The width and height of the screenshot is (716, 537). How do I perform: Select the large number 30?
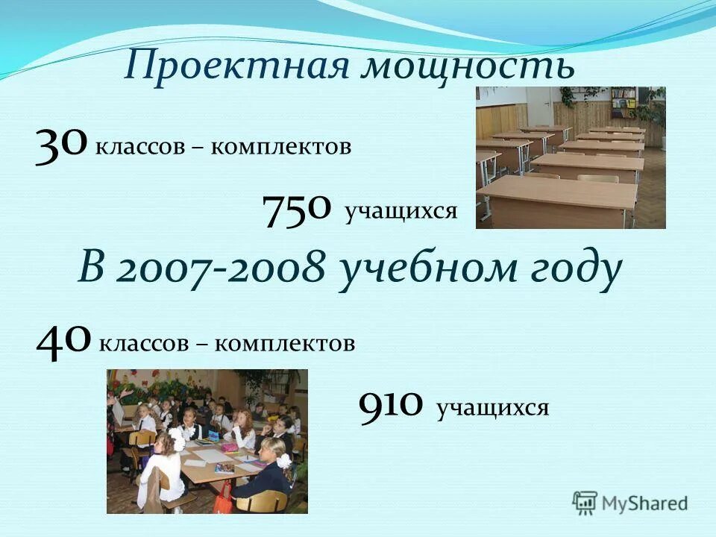(61, 142)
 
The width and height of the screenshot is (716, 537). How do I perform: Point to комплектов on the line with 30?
(280, 147)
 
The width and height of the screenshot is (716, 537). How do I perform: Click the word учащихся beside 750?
(401, 212)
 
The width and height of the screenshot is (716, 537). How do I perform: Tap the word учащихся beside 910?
(493, 408)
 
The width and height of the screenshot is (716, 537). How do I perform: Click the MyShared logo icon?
(585, 503)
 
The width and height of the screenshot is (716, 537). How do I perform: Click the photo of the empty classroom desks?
(571, 157)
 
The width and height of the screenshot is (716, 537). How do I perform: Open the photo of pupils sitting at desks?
(207, 441)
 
